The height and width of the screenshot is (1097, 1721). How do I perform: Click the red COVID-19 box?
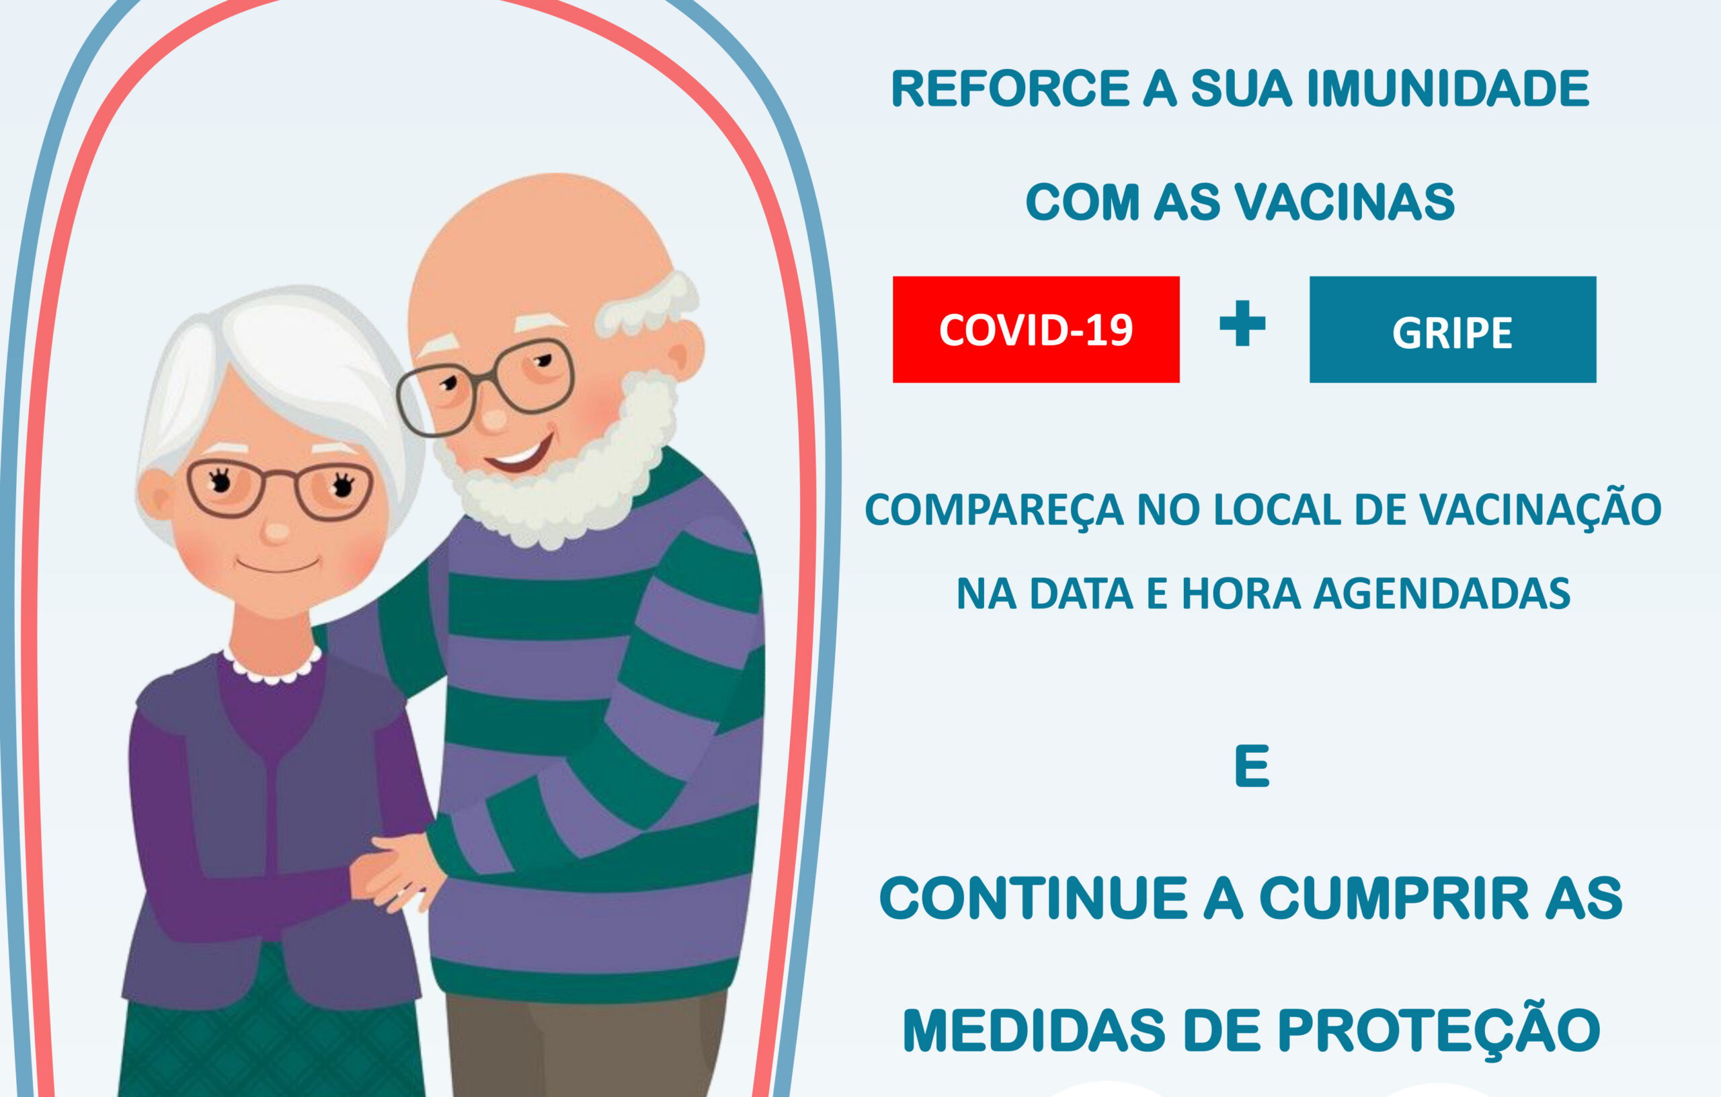1035,329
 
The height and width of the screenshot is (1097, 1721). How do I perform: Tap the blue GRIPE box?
1452,329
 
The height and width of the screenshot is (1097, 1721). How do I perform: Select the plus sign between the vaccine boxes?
1242,324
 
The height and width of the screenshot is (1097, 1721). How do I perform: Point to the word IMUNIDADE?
1448,89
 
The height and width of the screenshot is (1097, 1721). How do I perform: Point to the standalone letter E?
1252,766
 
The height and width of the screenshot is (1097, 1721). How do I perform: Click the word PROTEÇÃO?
1438,1031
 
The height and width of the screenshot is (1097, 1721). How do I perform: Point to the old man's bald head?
536,243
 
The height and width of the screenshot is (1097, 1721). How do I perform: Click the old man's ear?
684,350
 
